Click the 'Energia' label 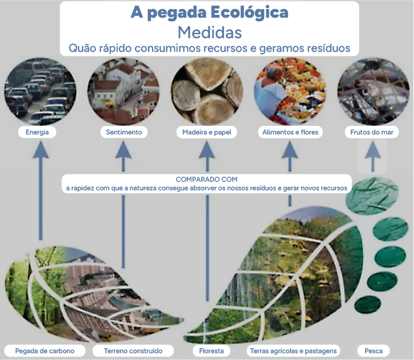[x=37, y=132]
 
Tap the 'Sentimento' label [x=124, y=132]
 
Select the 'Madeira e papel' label [x=207, y=132]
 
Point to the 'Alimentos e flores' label [x=290, y=132]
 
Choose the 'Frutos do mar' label [x=372, y=132]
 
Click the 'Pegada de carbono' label [x=44, y=351]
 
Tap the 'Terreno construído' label [x=133, y=351]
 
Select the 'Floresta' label [x=211, y=351]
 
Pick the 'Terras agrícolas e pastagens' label [x=293, y=351]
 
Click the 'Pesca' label [x=374, y=351]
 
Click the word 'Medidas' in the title [x=210, y=32]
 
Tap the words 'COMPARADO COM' [x=207, y=179]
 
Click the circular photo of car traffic [x=40, y=91]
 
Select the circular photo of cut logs [x=207, y=91]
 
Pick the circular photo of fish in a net [x=373, y=91]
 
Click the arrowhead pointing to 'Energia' [x=40, y=150]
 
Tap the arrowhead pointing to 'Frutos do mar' [x=373, y=150]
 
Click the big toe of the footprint [x=372, y=196]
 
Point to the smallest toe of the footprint [x=367, y=304]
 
